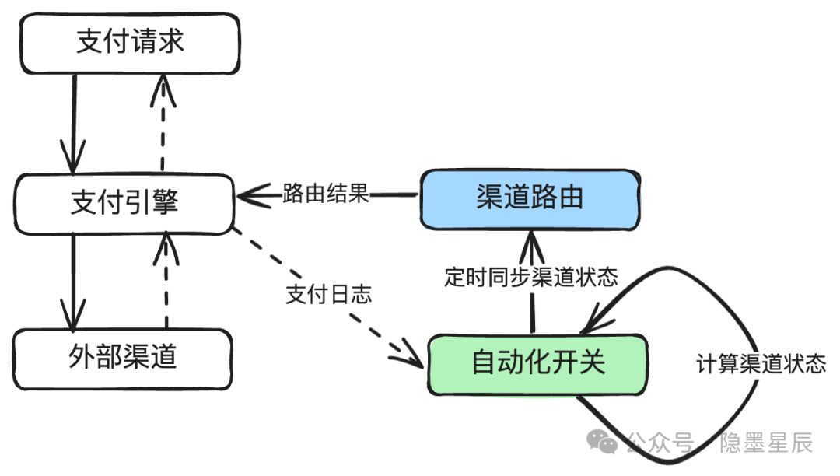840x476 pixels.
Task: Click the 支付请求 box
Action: [130, 44]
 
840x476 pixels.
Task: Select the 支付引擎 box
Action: [124, 204]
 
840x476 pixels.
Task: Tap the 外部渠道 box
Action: [123, 359]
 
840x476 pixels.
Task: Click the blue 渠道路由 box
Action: [530, 200]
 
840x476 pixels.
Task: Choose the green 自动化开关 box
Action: [538, 365]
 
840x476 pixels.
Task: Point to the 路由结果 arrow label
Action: [326, 194]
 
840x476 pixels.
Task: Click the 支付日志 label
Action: [328, 294]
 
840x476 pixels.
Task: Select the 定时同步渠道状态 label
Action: [531, 278]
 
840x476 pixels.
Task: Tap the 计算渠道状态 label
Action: [761, 364]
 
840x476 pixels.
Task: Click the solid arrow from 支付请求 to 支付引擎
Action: [73, 124]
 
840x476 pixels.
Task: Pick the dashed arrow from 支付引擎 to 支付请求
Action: [163, 123]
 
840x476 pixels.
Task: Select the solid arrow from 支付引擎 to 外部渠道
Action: [73, 282]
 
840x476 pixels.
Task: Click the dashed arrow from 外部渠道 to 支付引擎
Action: [166, 280]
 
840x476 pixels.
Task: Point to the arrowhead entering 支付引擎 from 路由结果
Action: [252, 196]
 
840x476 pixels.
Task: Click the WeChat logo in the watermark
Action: [602, 442]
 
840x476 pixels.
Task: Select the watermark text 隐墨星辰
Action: [766, 443]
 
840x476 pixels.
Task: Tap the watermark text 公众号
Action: [660, 443]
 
